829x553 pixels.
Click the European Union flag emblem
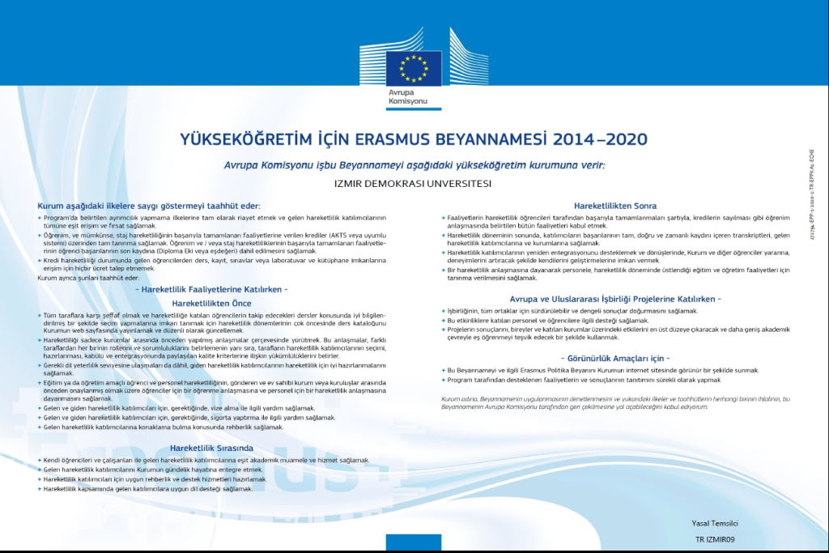[414, 68]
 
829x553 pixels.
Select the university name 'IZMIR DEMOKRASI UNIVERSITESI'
[413, 183]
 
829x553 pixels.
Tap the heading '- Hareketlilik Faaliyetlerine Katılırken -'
[213, 289]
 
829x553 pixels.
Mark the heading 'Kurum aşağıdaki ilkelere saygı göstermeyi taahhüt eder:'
[149, 206]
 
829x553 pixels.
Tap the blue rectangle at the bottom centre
[414, 543]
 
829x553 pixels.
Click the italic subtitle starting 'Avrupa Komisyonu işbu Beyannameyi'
[414, 164]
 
